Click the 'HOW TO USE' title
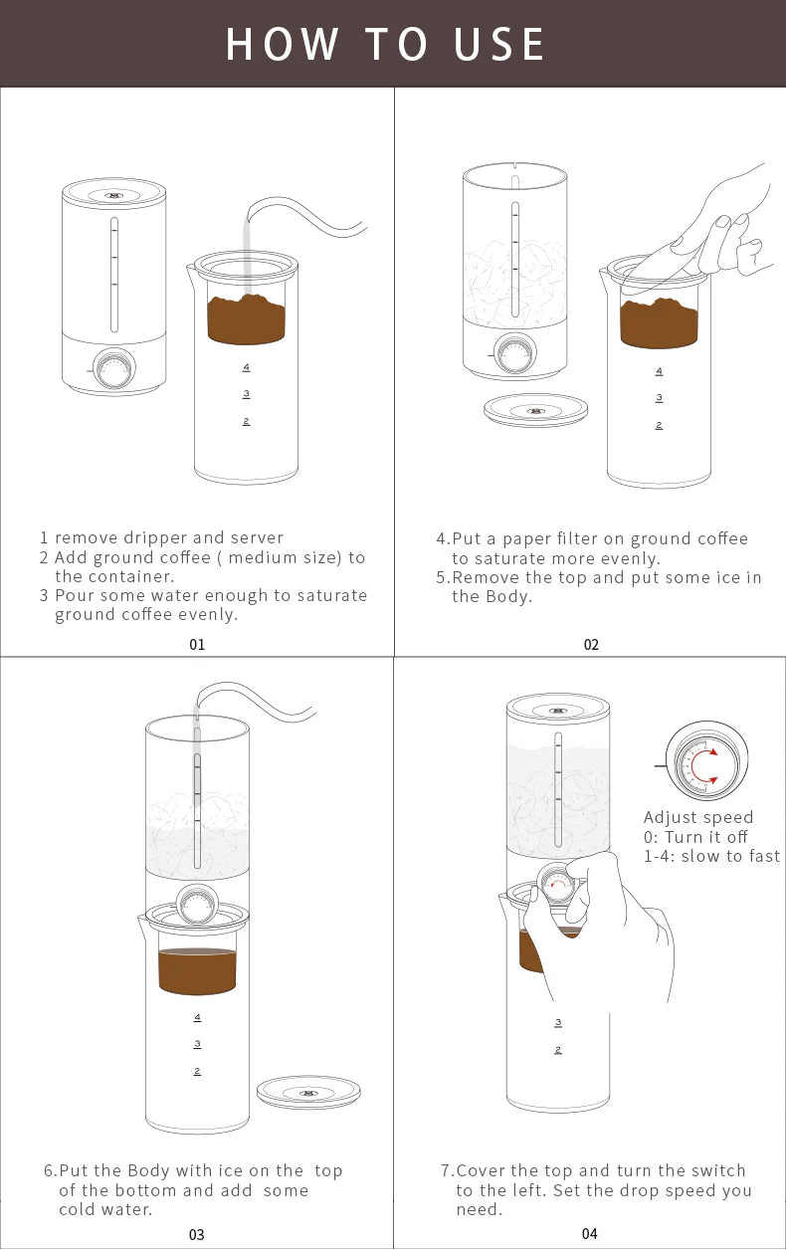coord(386,45)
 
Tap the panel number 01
coord(197,645)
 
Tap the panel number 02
coord(591,645)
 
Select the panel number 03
coord(196,1234)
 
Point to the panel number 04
coord(590,1234)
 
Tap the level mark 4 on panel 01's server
coord(246,367)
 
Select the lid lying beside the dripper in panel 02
coord(535,410)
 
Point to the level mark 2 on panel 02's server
coord(659,425)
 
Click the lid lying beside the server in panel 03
coord(308,1092)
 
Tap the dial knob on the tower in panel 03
coord(197,904)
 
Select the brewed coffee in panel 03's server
coord(197,971)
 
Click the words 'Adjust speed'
coord(698,818)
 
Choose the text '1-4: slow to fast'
coord(711,856)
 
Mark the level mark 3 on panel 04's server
coord(558,1022)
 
